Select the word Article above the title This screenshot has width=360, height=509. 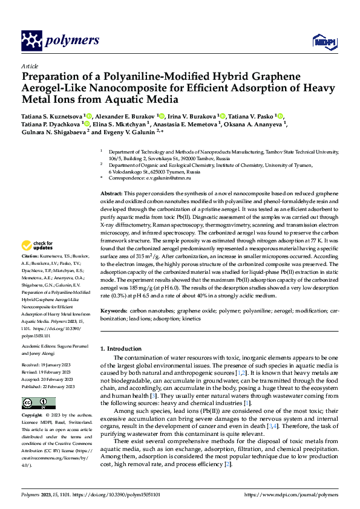30,66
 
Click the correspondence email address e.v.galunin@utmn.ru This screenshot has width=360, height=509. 166,178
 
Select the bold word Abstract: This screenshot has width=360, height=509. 112,192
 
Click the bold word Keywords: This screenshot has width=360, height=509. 114,310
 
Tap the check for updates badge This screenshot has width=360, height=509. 38,245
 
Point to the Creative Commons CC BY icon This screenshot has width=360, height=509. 35,403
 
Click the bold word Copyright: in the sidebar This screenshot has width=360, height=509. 33,416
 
